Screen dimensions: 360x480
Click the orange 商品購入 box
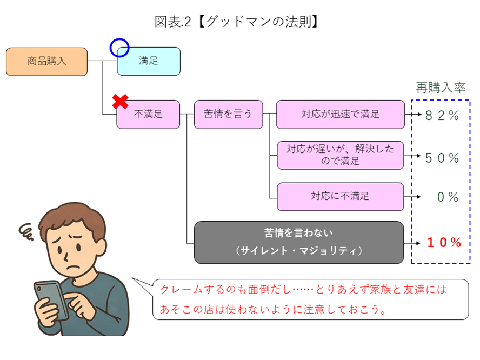coord(46,61)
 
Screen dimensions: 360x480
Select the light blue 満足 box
coord(149,61)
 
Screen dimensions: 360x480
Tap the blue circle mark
coord(118,48)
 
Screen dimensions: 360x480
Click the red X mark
coord(119,101)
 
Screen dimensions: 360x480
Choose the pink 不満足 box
coord(148,115)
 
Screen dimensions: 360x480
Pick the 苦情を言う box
coord(228,115)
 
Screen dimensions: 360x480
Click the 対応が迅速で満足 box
coord(340,115)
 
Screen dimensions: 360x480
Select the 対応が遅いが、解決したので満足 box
coord(340,155)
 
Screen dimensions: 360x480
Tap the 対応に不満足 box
coord(340,196)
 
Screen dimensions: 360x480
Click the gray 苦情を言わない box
coord(298,242)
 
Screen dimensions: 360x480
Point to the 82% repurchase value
coord(442,115)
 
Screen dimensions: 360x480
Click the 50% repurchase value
coord(442,158)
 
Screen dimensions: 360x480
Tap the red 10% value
coord(444,243)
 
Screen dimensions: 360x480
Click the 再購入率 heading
coord(440,88)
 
